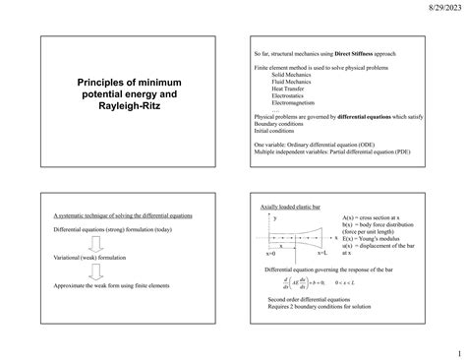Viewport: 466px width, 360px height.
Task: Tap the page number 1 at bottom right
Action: point(457,350)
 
